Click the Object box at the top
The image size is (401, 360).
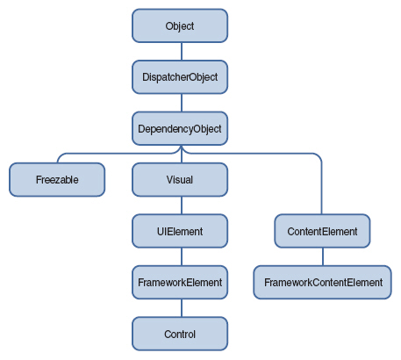(180, 26)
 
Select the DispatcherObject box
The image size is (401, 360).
(180, 77)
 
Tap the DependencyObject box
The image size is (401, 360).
(180, 128)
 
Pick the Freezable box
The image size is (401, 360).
(57, 180)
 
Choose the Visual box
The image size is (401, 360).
(180, 180)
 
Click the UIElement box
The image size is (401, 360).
(180, 232)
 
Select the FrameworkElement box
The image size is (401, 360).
(180, 283)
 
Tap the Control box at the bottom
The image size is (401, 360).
(180, 335)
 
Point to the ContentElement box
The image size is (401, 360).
(322, 232)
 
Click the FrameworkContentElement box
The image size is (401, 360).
(322, 283)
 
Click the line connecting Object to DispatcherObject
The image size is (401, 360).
(180, 52)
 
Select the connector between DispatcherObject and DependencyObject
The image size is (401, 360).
(180, 103)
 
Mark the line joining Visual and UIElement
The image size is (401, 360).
(180, 205)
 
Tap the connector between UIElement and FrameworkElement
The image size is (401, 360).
(180, 257)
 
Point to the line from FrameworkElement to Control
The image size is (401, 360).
(180, 308)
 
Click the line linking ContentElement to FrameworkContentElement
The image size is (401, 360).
(322, 257)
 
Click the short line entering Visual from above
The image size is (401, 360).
(180, 158)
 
